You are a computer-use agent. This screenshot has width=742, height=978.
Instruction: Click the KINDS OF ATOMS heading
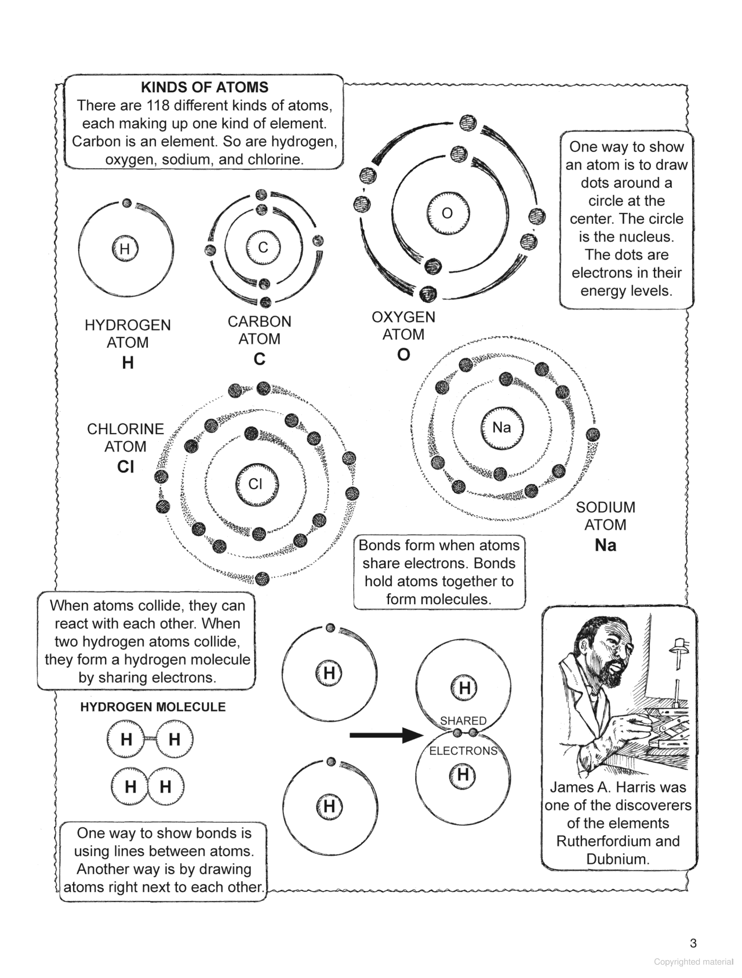(x=205, y=88)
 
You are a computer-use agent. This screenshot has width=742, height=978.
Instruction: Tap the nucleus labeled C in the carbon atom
(x=263, y=248)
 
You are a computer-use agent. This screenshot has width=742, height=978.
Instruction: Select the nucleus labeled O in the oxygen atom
(x=447, y=213)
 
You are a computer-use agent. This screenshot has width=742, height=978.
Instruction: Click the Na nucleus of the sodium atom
(x=501, y=428)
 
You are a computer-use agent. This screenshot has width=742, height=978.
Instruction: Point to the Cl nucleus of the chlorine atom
(x=256, y=484)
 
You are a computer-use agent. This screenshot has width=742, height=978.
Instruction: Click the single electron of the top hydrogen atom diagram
(x=330, y=627)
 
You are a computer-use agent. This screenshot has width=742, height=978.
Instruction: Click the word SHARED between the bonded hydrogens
(x=463, y=721)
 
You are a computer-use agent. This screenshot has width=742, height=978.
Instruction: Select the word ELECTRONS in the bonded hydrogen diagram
(x=463, y=751)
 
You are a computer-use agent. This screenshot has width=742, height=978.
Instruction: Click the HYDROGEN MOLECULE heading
(x=153, y=707)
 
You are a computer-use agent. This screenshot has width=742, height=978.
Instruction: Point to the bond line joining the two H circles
(x=150, y=739)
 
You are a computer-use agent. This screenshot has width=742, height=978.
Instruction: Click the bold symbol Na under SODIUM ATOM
(x=605, y=546)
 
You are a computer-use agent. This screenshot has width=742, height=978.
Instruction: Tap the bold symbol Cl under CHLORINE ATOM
(x=125, y=467)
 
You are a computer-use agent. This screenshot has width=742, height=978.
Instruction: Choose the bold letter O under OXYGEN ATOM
(x=403, y=355)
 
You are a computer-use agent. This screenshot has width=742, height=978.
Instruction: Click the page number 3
(x=693, y=944)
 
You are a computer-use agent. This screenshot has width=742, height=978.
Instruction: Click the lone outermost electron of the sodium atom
(x=592, y=434)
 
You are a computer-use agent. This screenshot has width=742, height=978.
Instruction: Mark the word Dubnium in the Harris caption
(x=618, y=859)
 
